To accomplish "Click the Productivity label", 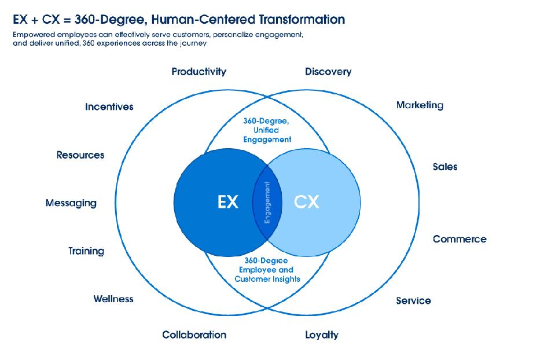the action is coord(199,72).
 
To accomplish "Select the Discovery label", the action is coord(328,72).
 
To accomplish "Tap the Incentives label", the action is coord(109,106).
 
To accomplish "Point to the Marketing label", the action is coord(420,105).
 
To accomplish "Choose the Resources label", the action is coord(80,155).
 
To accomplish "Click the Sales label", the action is coord(445,167).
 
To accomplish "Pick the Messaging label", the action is coord(71,203).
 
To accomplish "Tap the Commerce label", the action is coord(460,239).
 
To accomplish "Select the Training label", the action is coord(86,251).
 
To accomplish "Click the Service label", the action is coord(413,301).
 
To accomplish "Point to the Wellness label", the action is coord(113,299).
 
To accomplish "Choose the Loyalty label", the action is coord(322,335).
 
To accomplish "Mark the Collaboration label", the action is coord(194,335).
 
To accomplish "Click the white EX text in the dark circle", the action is coord(228,202).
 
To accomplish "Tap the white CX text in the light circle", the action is coord(307,202).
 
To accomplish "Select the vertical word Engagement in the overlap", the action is coord(267,203).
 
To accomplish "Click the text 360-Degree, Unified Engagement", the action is coord(267,130).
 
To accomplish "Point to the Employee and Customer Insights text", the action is coord(267,274).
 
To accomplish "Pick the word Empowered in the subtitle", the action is coord(34,35).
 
